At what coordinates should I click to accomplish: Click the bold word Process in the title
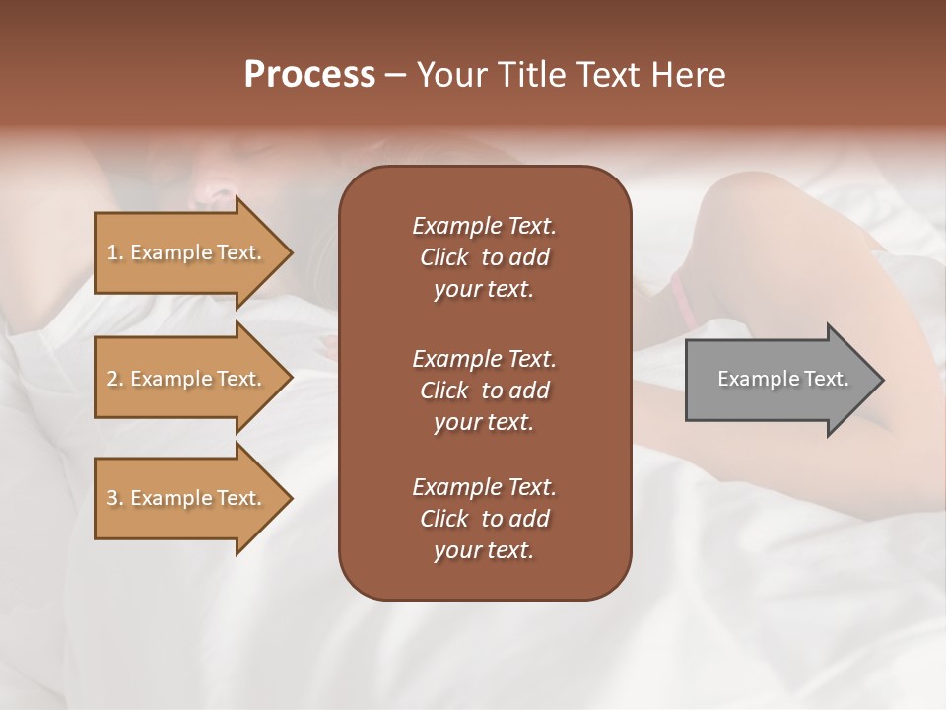[309, 75]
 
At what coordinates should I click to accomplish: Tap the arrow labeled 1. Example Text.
[187, 252]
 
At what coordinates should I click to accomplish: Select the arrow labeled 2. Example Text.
[187, 379]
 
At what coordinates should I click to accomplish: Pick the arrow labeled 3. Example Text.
[187, 498]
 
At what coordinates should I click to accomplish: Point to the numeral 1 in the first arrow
[112, 252]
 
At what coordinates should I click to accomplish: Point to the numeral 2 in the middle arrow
[112, 379]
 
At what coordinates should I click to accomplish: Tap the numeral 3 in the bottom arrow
[112, 498]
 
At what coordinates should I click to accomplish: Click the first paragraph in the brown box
[484, 257]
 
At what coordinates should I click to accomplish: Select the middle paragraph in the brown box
[484, 390]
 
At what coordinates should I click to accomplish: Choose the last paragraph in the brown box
[484, 519]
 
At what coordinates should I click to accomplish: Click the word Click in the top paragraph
[444, 257]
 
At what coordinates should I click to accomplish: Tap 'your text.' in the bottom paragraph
[484, 551]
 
